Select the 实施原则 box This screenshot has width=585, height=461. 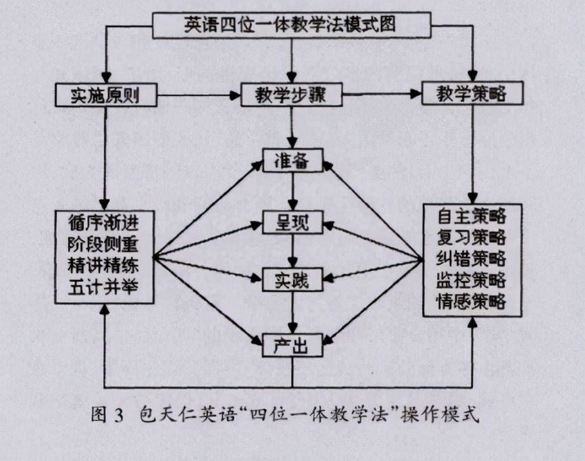pos(106,95)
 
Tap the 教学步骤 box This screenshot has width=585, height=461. pos(291,95)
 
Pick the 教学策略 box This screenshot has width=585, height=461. pos(472,95)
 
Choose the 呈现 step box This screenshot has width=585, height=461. pos(292,222)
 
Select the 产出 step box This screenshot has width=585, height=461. pos(292,345)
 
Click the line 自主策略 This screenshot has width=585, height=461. pos(472,216)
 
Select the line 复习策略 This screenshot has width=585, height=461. pos(472,237)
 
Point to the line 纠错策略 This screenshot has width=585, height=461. pos(472,259)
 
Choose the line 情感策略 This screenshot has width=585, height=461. pos(472,301)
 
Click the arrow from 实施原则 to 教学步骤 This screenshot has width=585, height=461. pos(200,95)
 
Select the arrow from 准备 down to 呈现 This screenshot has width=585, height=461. pos(292,193)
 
